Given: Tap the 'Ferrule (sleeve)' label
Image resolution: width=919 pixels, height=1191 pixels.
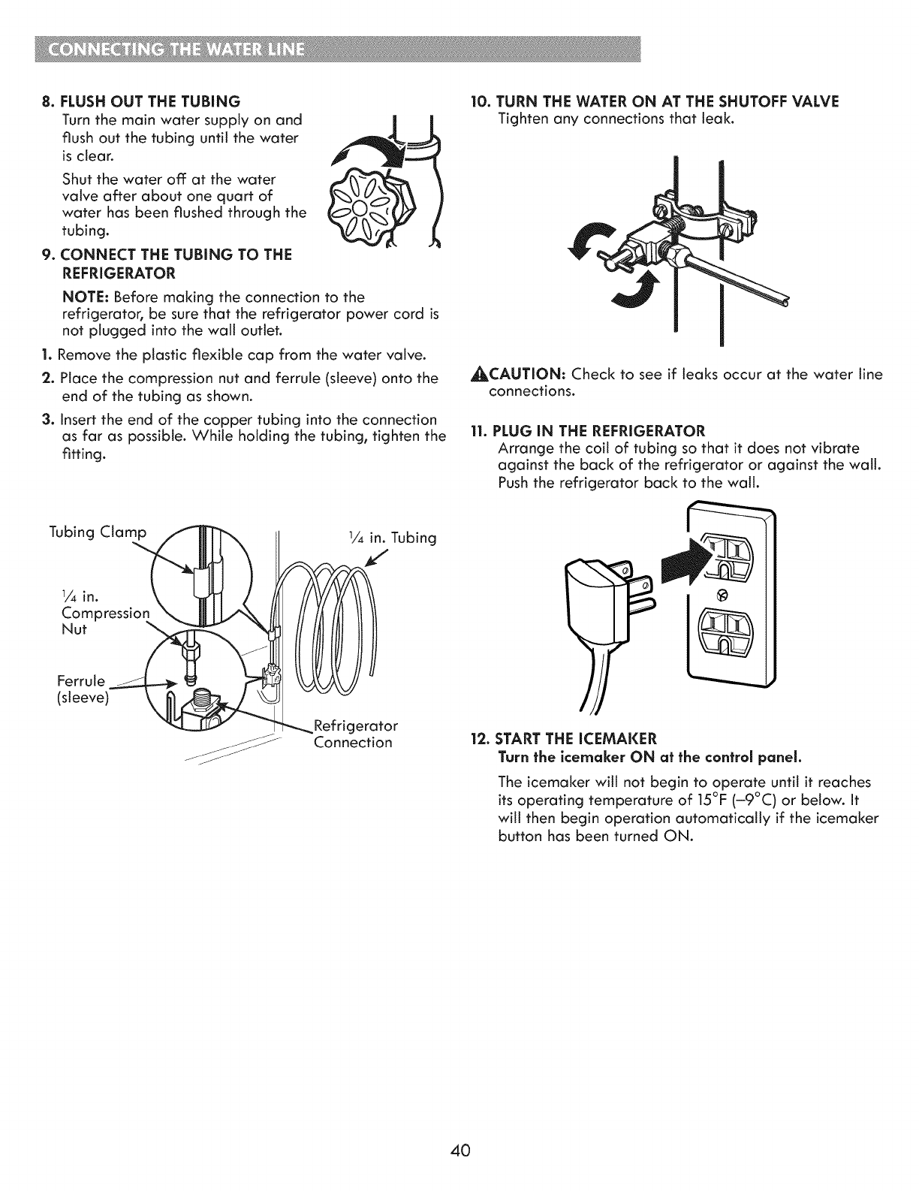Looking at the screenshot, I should (x=83, y=691).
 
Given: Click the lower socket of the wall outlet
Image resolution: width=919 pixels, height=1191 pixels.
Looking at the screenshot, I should (x=731, y=629).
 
